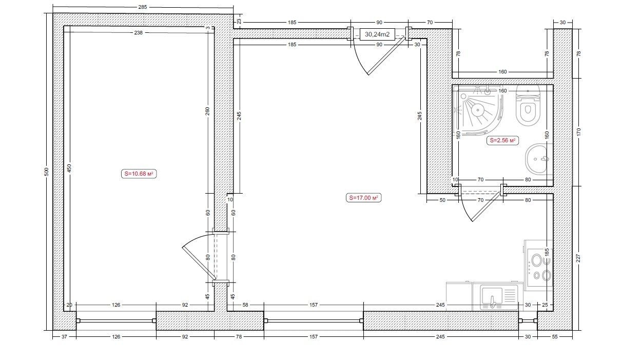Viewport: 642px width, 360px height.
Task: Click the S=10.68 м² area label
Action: click(139, 174)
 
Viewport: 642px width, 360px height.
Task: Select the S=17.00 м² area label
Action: click(363, 198)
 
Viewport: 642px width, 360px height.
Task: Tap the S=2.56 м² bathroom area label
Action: click(502, 141)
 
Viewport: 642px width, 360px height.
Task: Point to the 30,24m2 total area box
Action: click(377, 34)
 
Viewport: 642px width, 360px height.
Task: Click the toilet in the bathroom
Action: click(528, 105)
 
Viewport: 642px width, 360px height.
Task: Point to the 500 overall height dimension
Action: click(47, 172)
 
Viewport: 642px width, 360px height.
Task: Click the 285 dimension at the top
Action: click(143, 7)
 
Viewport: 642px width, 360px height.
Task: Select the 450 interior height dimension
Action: click(69, 168)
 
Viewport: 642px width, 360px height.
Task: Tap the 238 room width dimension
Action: click(138, 33)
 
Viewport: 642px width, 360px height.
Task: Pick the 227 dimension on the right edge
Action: click(578, 258)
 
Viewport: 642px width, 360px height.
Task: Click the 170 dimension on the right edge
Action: click(578, 132)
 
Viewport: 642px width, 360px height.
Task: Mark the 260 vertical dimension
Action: click(207, 111)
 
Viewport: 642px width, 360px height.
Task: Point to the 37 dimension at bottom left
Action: click(64, 337)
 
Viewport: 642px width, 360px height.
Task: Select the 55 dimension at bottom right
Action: click(555, 337)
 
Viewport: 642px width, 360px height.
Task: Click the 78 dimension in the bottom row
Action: click(239, 337)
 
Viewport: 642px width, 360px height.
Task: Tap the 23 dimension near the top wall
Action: click(239, 22)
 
